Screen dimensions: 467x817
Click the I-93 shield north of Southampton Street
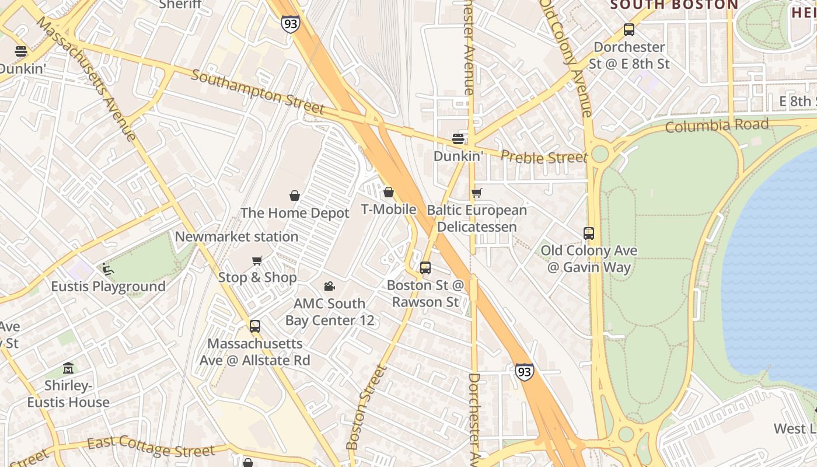290,24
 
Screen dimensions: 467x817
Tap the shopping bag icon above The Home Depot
295,196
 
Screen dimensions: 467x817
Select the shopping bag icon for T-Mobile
389,192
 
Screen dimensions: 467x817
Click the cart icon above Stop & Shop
257,260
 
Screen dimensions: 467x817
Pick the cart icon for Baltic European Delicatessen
477,193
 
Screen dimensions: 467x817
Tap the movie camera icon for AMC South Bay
330,286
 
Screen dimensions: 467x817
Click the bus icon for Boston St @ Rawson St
425,268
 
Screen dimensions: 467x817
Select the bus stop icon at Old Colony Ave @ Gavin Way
588,233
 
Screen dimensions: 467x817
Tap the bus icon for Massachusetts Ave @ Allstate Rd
255,326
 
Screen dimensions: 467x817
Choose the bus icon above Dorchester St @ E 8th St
629,30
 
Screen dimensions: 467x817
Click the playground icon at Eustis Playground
108,269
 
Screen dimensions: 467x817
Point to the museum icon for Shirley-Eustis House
68,368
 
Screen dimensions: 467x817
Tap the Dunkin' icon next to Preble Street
458,139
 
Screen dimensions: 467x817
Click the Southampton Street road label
257,92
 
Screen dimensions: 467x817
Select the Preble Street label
543,157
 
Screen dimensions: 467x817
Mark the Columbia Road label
717,126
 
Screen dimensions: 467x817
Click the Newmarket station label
236,236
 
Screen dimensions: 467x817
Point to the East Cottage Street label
151,448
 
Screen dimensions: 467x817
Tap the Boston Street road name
366,407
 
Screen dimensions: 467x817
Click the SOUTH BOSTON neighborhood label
674,5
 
